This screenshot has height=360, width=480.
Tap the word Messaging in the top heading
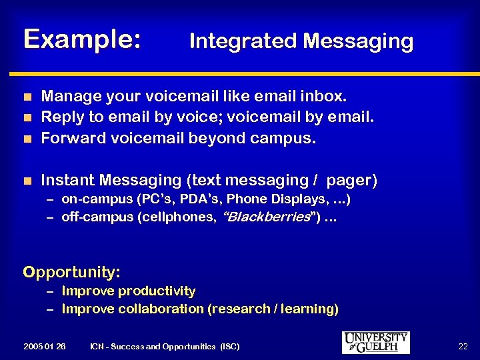[358, 41]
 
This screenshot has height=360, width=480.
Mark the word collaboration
[161, 309]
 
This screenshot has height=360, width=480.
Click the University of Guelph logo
[375, 342]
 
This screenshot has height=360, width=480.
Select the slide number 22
[464, 346]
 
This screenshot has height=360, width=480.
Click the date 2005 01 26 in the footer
[44, 347]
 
